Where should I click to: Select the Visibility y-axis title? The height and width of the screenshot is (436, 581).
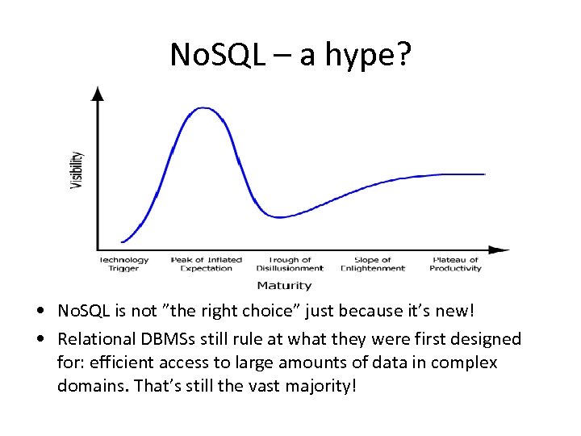(x=77, y=170)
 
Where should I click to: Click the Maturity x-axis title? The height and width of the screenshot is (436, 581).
(x=284, y=285)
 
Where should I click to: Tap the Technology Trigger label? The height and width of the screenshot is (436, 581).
(x=124, y=264)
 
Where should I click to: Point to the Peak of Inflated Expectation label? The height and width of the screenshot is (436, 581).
(x=207, y=264)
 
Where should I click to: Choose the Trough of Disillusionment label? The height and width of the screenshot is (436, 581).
(x=290, y=264)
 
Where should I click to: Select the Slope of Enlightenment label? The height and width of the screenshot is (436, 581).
(x=373, y=264)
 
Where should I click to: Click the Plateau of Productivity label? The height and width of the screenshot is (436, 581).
(x=455, y=264)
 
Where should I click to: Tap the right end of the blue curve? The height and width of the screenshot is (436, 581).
(x=484, y=174)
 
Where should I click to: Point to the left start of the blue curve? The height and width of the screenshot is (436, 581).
(x=123, y=241)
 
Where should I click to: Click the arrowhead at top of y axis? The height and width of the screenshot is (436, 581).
(x=98, y=92)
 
